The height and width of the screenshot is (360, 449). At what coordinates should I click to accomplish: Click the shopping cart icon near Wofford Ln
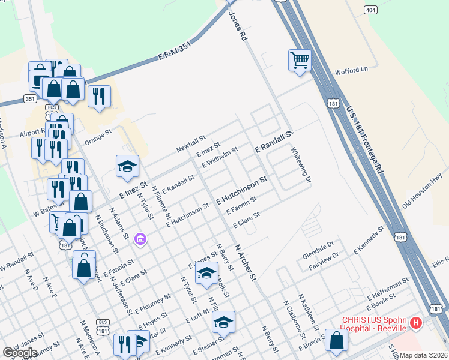(300, 61)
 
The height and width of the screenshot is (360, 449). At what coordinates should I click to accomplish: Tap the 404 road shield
(370, 10)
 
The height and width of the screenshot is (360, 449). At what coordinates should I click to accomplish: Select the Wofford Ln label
(351, 70)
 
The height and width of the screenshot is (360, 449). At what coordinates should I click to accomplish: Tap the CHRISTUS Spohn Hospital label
(375, 325)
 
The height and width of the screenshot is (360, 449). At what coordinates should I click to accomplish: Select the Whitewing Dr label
(301, 166)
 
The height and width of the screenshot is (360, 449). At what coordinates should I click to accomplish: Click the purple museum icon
(140, 239)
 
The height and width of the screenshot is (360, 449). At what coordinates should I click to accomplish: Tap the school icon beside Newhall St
(127, 167)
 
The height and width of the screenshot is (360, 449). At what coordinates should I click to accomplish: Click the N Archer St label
(245, 262)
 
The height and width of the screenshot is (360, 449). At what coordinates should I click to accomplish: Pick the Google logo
(19, 353)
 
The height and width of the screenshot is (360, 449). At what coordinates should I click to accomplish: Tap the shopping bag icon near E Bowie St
(336, 340)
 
